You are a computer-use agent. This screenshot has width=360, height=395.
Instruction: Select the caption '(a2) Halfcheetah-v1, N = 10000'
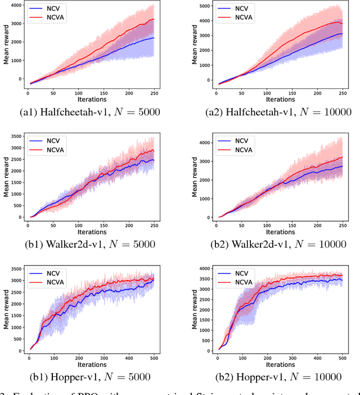279,112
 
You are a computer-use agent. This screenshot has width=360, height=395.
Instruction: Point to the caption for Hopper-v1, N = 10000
279,376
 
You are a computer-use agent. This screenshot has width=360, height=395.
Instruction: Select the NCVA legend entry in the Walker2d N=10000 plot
242,151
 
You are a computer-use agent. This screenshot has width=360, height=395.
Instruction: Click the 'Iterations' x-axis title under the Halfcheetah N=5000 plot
91,99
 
